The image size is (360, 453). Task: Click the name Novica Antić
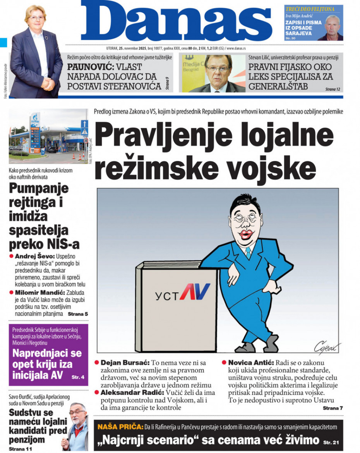[251, 363]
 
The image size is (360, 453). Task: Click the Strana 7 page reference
[333, 408]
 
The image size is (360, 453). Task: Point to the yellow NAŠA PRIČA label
[120, 427]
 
